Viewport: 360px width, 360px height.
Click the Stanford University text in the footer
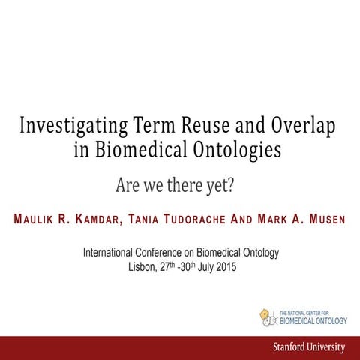[309, 347]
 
